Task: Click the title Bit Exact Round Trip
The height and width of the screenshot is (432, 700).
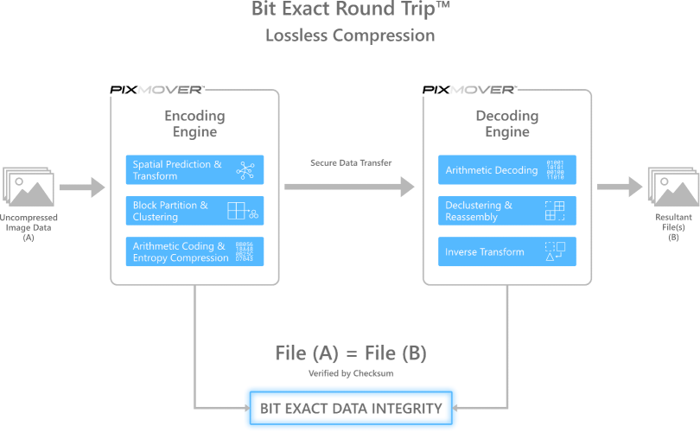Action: (x=350, y=11)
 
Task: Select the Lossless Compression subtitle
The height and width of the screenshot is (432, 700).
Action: (x=350, y=35)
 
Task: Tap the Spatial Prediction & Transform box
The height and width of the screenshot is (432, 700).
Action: (x=194, y=170)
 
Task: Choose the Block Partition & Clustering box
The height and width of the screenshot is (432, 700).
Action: (x=194, y=211)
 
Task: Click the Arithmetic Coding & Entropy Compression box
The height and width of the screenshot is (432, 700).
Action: (x=194, y=251)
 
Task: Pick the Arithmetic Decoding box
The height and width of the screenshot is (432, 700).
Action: (x=507, y=170)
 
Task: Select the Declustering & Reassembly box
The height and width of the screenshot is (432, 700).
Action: (x=507, y=211)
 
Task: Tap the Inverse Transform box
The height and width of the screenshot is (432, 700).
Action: (x=507, y=251)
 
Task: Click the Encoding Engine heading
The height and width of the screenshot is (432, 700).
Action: (x=194, y=124)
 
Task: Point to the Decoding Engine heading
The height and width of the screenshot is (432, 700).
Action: (x=507, y=124)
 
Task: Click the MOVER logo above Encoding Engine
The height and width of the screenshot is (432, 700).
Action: (x=170, y=90)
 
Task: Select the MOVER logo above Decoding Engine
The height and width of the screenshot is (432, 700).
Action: (x=483, y=90)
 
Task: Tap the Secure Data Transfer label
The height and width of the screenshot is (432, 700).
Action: (x=351, y=162)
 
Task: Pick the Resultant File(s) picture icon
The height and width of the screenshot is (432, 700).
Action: (x=672, y=187)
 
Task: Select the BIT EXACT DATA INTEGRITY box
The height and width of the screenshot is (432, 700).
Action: (x=351, y=408)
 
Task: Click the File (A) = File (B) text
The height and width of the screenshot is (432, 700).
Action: (x=350, y=353)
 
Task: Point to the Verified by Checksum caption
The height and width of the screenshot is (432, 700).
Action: (x=350, y=373)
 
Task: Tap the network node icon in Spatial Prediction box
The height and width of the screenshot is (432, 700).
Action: (x=245, y=170)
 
